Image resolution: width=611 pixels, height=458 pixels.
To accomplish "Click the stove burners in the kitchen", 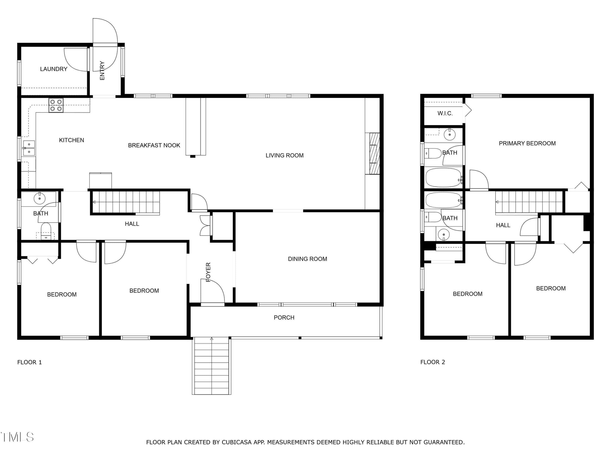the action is [56, 105].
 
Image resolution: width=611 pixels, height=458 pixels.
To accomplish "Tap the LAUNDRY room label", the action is [54, 69].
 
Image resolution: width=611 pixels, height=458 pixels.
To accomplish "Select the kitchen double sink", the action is [29, 148].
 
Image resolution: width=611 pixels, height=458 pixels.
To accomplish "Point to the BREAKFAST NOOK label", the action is [154, 146].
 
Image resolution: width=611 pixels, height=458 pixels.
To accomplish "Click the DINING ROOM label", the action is [307, 259].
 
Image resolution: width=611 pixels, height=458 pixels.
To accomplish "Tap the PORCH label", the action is [284, 317].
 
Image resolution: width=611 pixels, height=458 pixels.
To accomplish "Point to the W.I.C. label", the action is [445, 113].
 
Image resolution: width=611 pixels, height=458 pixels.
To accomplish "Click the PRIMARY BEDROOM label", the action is [527, 143].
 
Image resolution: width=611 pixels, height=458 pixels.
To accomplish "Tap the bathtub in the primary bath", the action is [444, 177].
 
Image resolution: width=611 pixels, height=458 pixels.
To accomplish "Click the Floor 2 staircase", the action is [529, 202].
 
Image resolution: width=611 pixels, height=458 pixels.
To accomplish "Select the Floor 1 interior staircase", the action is [126, 202].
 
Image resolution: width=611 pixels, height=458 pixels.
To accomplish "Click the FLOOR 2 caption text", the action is [432, 362].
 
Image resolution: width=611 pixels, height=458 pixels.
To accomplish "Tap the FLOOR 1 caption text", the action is [30, 362].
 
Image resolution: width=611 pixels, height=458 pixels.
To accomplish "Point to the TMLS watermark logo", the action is [17, 437].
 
